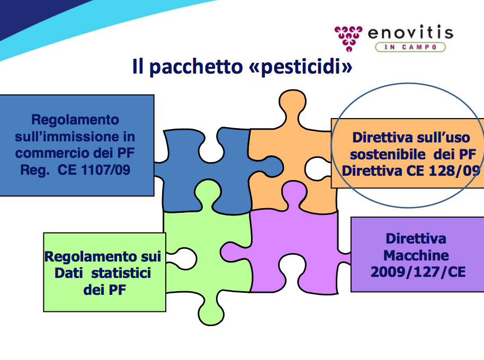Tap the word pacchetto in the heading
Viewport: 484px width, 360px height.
pyautogui.click(x=196, y=67)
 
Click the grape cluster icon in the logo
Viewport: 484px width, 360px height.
pyautogui.click(x=348, y=38)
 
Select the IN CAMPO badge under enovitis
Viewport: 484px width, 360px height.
pyautogui.click(x=410, y=47)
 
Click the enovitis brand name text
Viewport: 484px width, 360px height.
pyautogui.click(x=410, y=33)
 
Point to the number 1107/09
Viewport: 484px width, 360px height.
pyautogui.click(x=105, y=169)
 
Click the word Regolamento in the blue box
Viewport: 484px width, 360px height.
pyautogui.click(x=75, y=120)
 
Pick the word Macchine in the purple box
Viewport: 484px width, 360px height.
pyautogui.click(x=416, y=255)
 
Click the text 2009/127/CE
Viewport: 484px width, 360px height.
pyautogui.click(x=418, y=272)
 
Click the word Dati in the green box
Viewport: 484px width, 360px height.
pyautogui.click(x=69, y=273)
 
